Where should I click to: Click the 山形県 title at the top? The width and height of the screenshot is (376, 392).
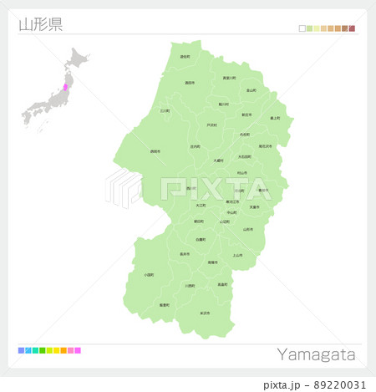click(40, 23)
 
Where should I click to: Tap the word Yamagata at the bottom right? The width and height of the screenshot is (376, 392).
click(316, 355)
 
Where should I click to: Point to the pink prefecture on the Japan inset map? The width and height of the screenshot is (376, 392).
click(66, 86)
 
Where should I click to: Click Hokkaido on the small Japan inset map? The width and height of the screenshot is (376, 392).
click(79, 59)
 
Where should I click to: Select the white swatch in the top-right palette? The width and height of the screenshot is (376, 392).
click(302, 28)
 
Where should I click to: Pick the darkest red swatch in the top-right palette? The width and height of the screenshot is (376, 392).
click(352, 28)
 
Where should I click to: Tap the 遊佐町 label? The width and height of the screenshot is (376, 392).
click(185, 57)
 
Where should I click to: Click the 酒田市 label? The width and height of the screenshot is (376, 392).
click(190, 83)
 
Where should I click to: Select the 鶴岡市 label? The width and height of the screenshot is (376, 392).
click(155, 152)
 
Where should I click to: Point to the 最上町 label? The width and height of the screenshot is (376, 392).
click(275, 119)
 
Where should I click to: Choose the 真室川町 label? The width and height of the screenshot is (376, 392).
click(230, 78)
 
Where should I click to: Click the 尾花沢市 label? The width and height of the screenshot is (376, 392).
click(266, 146)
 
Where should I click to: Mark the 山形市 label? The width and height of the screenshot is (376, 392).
click(247, 229)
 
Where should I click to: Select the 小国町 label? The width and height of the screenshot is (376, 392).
click(148, 274)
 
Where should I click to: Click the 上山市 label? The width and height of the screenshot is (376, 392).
click(237, 255)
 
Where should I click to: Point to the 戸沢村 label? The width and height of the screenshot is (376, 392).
click(211, 125)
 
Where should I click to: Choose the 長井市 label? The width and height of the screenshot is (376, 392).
click(184, 254)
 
